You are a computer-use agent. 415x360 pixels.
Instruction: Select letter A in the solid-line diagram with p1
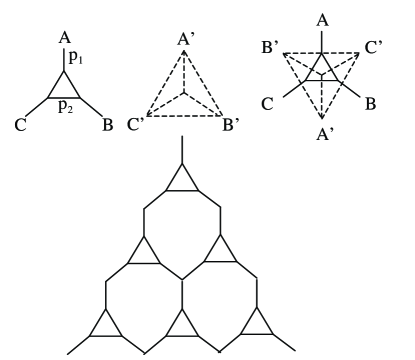[x=64, y=39]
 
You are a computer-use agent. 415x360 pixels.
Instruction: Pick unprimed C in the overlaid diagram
[x=268, y=103]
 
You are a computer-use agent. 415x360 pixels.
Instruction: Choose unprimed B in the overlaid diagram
[x=373, y=103]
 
